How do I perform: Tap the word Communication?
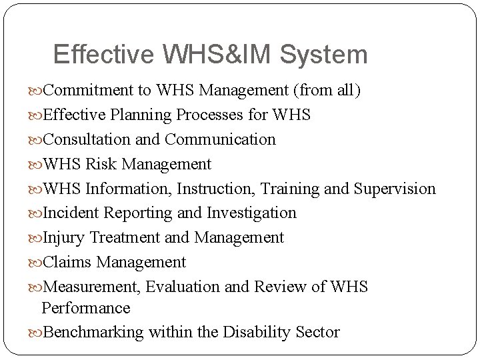(220, 139)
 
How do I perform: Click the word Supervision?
(394, 189)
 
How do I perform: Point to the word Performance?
(85, 308)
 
